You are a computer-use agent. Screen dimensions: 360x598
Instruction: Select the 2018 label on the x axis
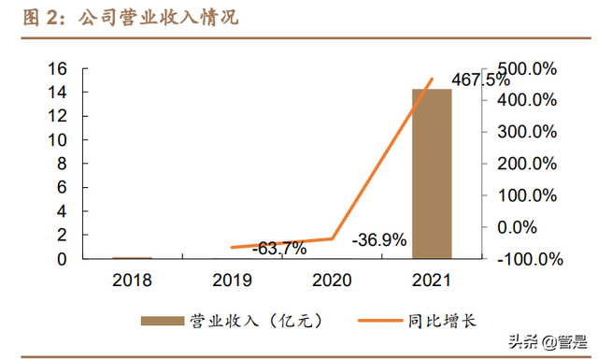pos(132,280)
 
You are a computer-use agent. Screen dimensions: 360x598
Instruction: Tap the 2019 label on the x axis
pos(232,280)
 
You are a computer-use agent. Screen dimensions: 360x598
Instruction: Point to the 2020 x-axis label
pos(332,280)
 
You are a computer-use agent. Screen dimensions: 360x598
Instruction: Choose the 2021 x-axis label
pos(432,280)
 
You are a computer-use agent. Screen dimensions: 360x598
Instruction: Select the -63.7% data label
pos(279,248)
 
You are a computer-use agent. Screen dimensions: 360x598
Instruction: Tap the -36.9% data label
pos(379,240)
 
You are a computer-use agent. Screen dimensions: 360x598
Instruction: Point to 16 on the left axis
pos(58,69)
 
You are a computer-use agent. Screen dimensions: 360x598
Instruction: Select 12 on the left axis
pos(58,117)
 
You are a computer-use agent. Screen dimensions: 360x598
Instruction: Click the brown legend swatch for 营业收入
pos(164,321)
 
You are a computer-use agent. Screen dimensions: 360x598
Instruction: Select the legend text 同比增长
pos(443,321)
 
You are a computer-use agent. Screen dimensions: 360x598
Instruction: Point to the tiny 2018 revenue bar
pos(132,257)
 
